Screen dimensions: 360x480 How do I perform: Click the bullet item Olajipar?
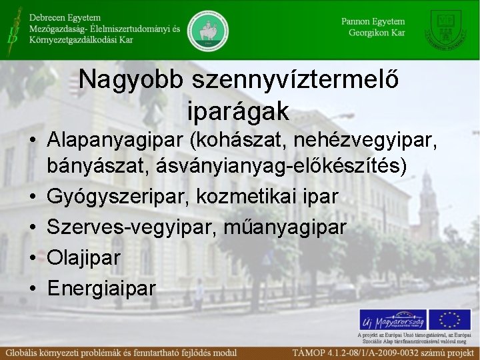point(83,258)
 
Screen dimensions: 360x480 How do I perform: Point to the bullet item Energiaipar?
point(101,288)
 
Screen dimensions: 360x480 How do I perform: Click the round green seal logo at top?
point(208,30)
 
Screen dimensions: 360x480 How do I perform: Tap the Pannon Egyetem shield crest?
point(449,29)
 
